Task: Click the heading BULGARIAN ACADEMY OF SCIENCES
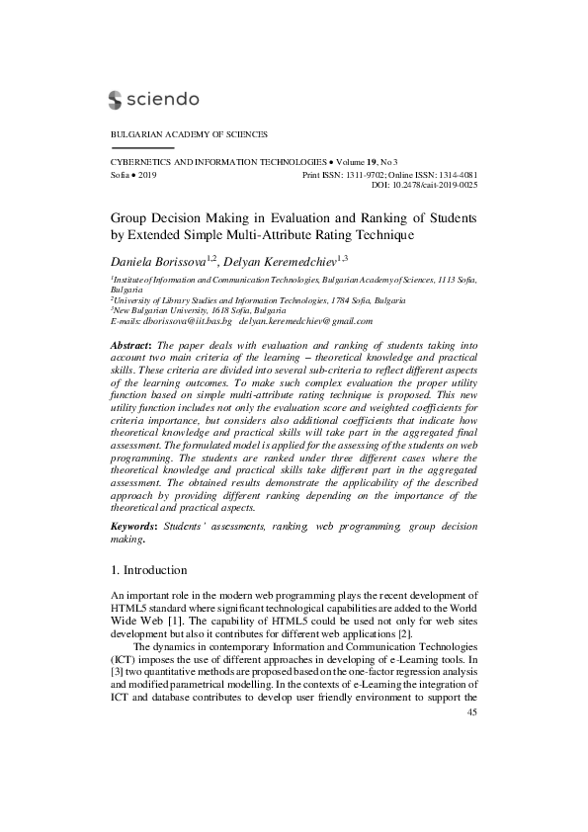[x=189, y=133]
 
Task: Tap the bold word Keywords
[x=133, y=529]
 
